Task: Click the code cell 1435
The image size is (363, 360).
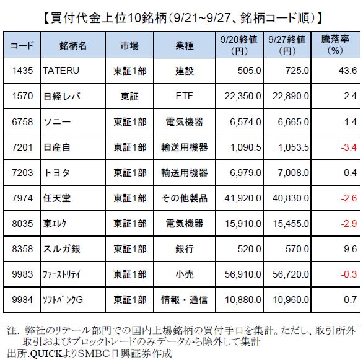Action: pos(22,71)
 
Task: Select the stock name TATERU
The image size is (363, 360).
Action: pos(61,71)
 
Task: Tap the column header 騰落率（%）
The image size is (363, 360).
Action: pos(335,45)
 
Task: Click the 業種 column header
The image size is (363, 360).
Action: pos(184,46)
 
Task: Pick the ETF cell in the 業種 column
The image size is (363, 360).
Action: pos(184,96)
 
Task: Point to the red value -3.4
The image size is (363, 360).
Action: pos(349,147)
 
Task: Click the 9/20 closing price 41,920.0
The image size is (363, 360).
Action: pos(243,198)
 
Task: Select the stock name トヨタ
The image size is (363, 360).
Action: pos(57,173)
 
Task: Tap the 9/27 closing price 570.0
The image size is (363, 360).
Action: pos(297,249)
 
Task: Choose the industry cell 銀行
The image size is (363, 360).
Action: pos(184,249)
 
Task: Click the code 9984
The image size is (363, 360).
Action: pos(22,300)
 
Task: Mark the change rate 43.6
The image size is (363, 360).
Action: pos(348,71)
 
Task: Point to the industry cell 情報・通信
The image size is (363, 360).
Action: pos(184,300)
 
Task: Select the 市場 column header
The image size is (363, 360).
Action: pos(129,46)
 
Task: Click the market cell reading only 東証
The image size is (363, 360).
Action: pos(129,96)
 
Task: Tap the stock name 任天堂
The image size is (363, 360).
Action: pos(57,198)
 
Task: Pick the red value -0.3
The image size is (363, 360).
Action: pos(349,274)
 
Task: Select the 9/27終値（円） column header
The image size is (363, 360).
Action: pos(287,45)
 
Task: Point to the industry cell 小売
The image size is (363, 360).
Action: pos(184,274)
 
